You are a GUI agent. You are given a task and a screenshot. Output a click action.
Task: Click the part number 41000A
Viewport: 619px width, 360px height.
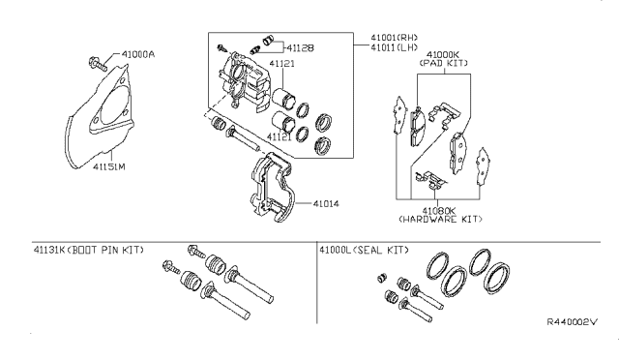tap(137, 54)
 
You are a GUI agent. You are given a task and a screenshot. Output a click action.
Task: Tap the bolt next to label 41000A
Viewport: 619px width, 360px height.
tap(97, 64)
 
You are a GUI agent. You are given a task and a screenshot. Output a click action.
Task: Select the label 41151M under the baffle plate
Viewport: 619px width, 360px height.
tap(109, 166)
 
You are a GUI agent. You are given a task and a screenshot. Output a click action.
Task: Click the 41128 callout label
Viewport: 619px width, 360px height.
tap(300, 47)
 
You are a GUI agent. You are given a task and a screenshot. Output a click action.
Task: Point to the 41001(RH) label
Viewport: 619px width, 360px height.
tap(394, 38)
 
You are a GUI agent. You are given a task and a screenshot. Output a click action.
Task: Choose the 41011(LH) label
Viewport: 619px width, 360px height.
tap(394, 47)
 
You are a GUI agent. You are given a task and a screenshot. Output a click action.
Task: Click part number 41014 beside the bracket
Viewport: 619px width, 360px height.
tap(326, 204)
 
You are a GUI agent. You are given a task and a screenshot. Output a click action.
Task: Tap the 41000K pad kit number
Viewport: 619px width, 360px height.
tap(443, 55)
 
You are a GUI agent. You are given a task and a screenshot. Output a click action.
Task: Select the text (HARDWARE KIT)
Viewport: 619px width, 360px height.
tap(440, 219)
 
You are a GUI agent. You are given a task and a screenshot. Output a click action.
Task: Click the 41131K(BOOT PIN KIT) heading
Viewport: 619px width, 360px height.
tap(89, 250)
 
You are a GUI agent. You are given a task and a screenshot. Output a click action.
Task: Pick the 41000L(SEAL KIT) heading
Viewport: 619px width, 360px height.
tap(364, 250)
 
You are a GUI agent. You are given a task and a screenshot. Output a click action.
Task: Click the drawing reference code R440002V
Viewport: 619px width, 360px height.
tap(572, 321)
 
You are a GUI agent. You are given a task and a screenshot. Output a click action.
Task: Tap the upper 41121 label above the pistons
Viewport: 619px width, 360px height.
tap(281, 63)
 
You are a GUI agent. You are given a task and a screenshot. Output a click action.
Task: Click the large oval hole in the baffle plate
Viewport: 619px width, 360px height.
tap(115, 104)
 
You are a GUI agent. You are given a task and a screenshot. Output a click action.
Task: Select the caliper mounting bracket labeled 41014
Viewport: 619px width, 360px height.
tap(273, 186)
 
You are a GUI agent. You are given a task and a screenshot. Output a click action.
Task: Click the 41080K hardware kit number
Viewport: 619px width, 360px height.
tap(439, 211)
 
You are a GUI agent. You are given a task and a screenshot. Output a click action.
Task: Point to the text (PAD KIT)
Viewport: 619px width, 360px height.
tap(443, 63)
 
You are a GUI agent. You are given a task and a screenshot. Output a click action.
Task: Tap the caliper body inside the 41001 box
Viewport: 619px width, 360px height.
tap(244, 82)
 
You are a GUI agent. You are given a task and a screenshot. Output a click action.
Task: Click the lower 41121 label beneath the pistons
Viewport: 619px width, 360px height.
tap(280, 136)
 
